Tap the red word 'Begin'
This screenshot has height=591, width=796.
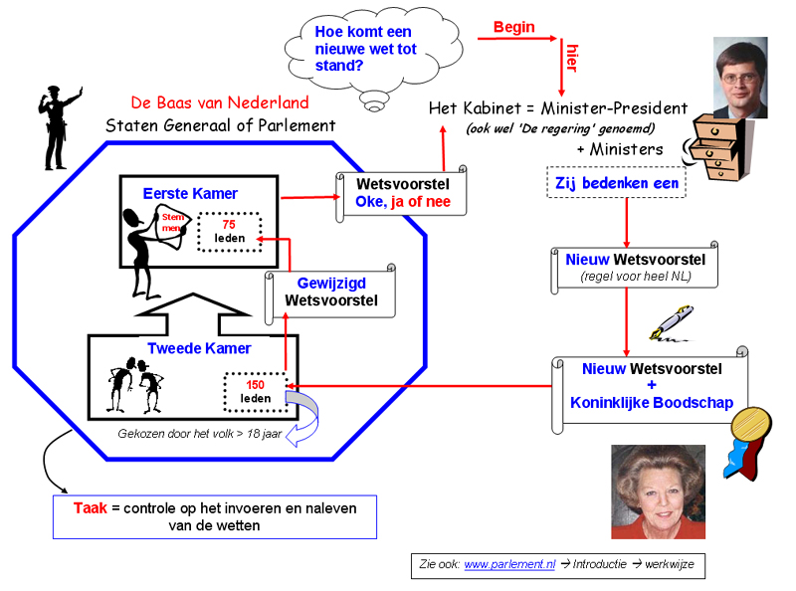pyautogui.click(x=513, y=28)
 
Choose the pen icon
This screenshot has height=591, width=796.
pyautogui.click(x=668, y=321)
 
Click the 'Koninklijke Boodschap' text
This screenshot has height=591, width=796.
pyautogui.click(x=652, y=403)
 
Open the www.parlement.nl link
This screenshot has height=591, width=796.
pyautogui.click(x=509, y=565)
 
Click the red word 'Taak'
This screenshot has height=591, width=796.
pyautogui.click(x=91, y=507)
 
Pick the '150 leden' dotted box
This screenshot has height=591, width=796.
pyautogui.click(x=255, y=392)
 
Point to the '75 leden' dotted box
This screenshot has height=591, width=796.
pyautogui.click(x=229, y=232)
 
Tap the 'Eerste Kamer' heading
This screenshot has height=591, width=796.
pyautogui.click(x=190, y=192)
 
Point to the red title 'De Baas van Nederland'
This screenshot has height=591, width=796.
pyautogui.click(x=220, y=102)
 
